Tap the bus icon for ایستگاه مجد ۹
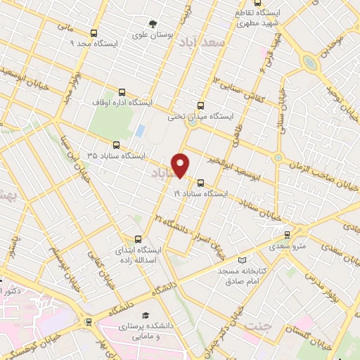coord(94,33)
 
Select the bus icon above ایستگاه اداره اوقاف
coord(123,91)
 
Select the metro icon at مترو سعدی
coord(286,235)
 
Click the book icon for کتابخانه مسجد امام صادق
coord(243,259)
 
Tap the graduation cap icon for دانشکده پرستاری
coord(146,315)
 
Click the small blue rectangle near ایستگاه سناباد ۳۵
coord(140,131)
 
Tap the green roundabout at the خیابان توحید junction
coord(310,62)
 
